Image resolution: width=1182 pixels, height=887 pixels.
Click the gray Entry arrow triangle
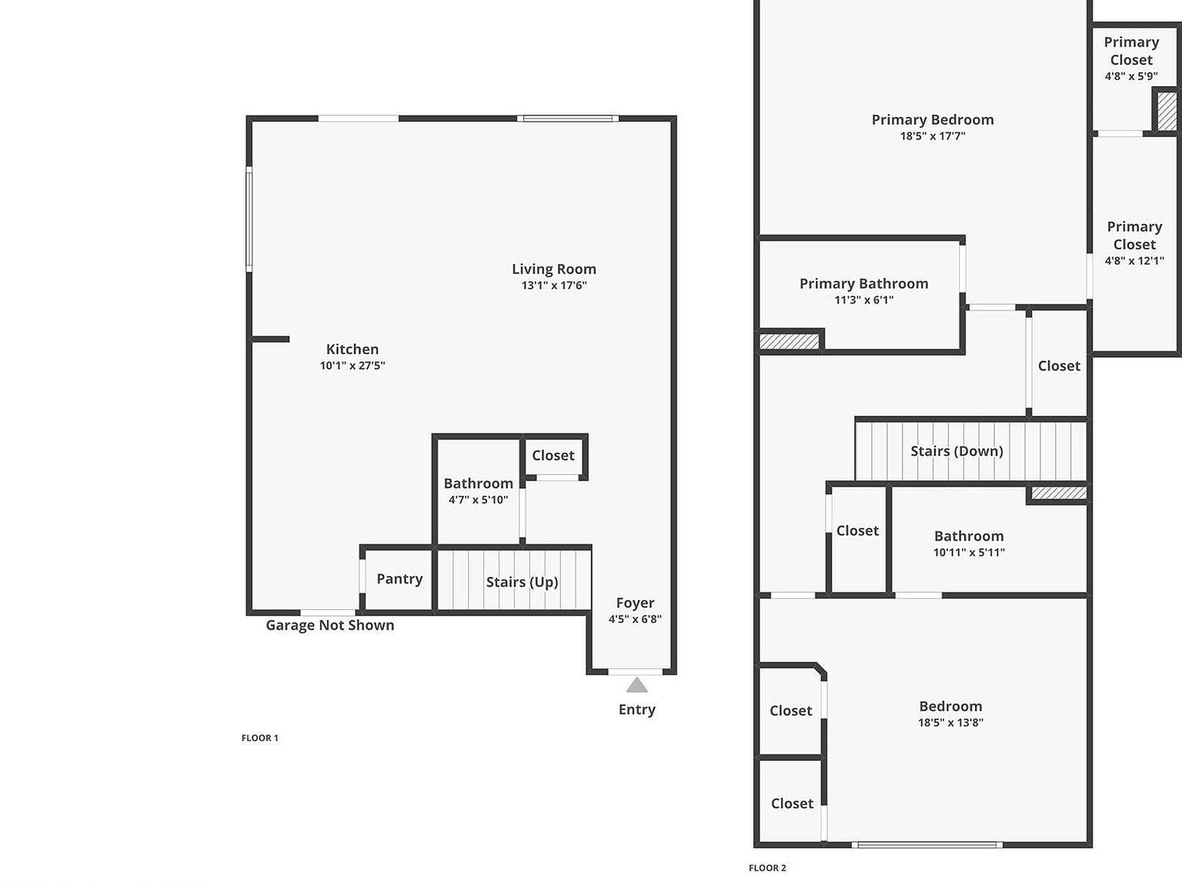636,684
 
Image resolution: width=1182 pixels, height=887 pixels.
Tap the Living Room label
554,269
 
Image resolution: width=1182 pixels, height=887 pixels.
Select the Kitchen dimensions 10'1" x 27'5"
352,366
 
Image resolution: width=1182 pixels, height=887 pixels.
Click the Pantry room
399,579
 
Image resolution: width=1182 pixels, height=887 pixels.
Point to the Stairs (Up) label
522,582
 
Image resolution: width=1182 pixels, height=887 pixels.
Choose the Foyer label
635,603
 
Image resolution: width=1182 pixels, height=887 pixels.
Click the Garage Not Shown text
330,625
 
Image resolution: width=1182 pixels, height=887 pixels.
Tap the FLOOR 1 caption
260,738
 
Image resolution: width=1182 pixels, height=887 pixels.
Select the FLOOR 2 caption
767,868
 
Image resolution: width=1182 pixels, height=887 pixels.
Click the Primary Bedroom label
933,119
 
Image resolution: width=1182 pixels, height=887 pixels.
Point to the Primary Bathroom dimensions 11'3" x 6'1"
863,300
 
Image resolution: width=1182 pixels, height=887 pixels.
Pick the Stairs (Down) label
957,451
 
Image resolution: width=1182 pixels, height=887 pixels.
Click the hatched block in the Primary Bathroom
790,340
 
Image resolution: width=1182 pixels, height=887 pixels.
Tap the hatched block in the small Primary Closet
1167,111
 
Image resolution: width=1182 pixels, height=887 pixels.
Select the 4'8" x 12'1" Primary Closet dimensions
1134,261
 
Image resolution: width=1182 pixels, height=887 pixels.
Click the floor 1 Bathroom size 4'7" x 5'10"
478,500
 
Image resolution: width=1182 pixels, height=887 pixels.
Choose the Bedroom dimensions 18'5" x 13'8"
950,722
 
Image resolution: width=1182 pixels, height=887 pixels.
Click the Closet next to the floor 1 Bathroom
553,455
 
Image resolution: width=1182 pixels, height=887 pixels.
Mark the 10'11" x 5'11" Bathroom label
969,536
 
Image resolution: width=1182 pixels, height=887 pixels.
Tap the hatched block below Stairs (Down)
1059,493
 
